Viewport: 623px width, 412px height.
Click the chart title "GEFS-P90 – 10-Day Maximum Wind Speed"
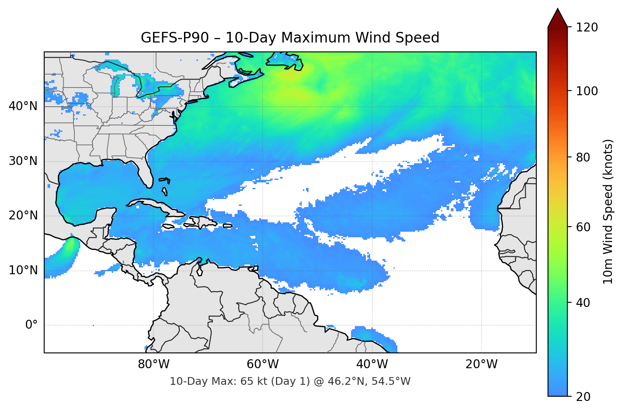[x=290, y=38]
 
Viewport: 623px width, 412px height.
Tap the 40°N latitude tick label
[x=23, y=106]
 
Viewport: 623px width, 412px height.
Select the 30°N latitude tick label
[x=23, y=161]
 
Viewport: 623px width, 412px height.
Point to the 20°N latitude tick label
[x=23, y=216]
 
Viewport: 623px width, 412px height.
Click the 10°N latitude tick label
[x=23, y=270]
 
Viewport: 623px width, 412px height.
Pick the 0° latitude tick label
[x=31, y=325]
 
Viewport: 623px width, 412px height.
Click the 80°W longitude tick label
[x=153, y=364]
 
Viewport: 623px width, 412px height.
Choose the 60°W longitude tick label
[x=263, y=364]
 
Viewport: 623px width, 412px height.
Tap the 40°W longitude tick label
[x=372, y=364]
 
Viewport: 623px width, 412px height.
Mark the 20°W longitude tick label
[x=481, y=364]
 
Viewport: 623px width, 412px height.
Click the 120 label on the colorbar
[x=586, y=28]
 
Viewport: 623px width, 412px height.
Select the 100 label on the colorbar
[x=586, y=91]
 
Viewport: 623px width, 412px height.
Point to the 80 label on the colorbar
[x=583, y=157]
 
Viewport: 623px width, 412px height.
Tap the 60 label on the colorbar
[x=583, y=227]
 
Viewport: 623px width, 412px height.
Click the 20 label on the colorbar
[x=583, y=397]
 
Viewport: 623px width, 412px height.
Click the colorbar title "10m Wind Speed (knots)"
[x=608, y=211]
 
